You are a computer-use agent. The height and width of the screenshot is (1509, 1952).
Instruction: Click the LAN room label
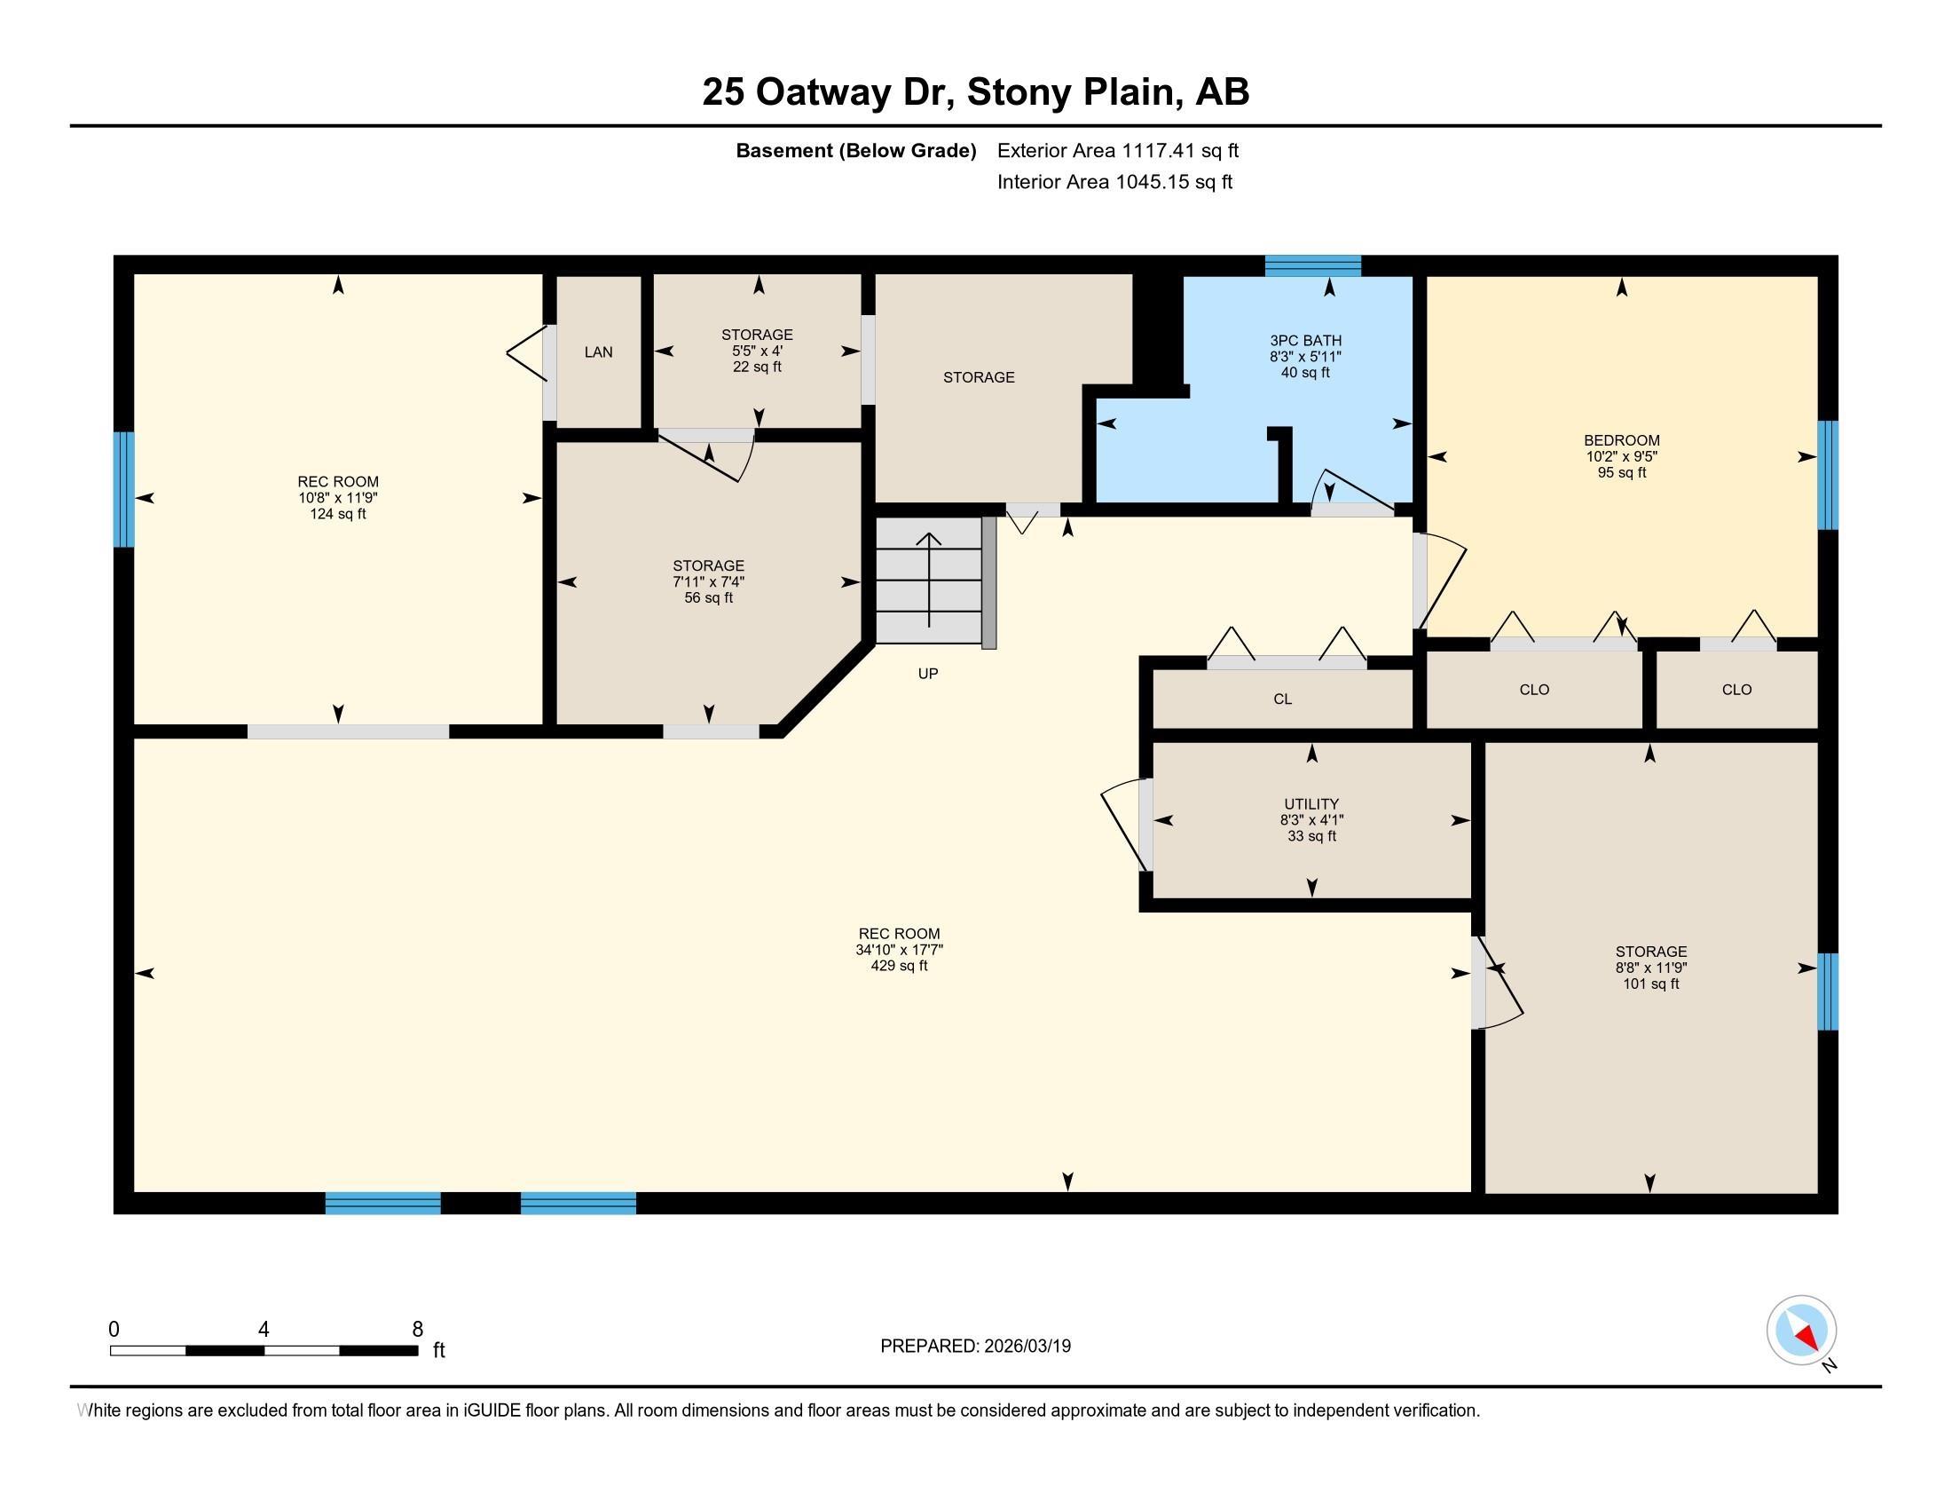[x=598, y=352]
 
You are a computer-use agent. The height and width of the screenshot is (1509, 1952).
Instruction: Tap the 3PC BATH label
[x=1305, y=341]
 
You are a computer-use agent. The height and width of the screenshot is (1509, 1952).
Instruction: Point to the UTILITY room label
[x=1311, y=804]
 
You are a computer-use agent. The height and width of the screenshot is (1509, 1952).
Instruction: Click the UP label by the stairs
[x=928, y=674]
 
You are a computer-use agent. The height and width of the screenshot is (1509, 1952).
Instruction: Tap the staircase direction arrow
[x=929, y=580]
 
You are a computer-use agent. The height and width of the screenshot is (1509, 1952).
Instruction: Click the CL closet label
[x=1283, y=699]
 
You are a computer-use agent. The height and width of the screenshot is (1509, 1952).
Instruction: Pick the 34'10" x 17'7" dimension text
[x=899, y=951]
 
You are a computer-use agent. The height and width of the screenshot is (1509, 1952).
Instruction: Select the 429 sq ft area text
[x=899, y=967]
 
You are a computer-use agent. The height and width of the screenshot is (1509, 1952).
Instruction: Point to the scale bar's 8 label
[x=417, y=1330]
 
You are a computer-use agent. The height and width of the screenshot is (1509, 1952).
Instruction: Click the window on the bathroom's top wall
[x=1312, y=265]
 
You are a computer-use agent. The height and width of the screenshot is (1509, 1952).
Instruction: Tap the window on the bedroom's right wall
[x=1828, y=475]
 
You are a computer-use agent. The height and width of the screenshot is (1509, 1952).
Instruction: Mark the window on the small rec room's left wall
[x=123, y=490]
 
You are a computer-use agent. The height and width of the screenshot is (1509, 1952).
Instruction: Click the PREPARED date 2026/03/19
[x=1026, y=1347]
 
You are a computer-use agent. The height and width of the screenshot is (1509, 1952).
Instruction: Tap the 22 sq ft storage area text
[x=757, y=367]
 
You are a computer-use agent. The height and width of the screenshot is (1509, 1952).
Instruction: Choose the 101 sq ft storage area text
[x=1651, y=984]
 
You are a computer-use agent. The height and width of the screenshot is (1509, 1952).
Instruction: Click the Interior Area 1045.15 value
[x=1153, y=182]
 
